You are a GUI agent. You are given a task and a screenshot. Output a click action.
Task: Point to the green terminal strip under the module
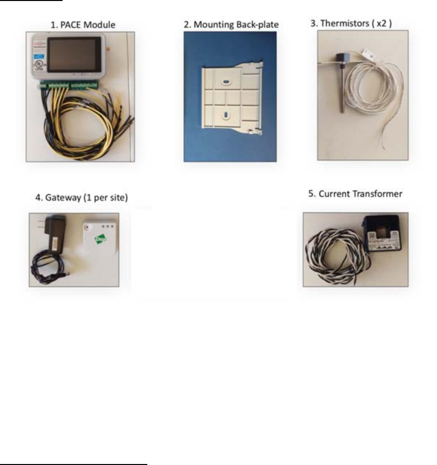(69, 85)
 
